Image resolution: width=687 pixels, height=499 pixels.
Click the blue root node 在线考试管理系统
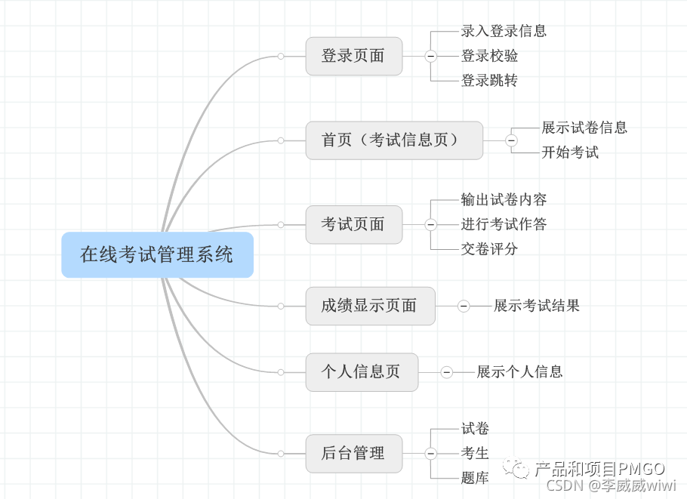[x=157, y=254]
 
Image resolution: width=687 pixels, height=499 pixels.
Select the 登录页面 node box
[x=353, y=56]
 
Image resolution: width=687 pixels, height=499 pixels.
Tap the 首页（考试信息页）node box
[x=393, y=140]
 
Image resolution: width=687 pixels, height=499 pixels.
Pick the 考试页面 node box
[x=353, y=224]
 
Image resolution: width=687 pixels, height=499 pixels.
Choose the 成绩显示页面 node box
[x=370, y=306]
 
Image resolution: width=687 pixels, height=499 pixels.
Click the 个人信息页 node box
[x=362, y=371]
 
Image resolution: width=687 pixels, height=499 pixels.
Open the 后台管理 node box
[x=353, y=453]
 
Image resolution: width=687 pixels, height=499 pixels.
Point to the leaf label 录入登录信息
[x=504, y=31]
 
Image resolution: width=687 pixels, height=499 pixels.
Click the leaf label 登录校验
[x=489, y=56]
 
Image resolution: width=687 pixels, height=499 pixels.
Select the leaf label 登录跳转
[x=489, y=80]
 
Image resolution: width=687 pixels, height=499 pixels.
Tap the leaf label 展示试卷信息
[x=584, y=128]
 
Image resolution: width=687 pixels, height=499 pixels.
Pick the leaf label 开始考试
[x=570, y=152]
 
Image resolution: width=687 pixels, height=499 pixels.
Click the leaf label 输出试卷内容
[x=504, y=200]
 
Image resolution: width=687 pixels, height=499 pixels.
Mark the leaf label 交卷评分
[x=489, y=248]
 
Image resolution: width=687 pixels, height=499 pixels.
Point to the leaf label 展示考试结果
[x=537, y=306]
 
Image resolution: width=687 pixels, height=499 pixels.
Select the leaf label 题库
[x=475, y=478]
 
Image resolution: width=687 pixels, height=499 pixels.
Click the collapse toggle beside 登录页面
[x=430, y=56]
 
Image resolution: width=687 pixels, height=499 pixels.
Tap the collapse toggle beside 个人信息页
[x=446, y=371]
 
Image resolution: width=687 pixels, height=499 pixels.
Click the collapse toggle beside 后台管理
[x=430, y=453]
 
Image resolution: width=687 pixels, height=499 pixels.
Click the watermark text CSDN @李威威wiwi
[x=611, y=485]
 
